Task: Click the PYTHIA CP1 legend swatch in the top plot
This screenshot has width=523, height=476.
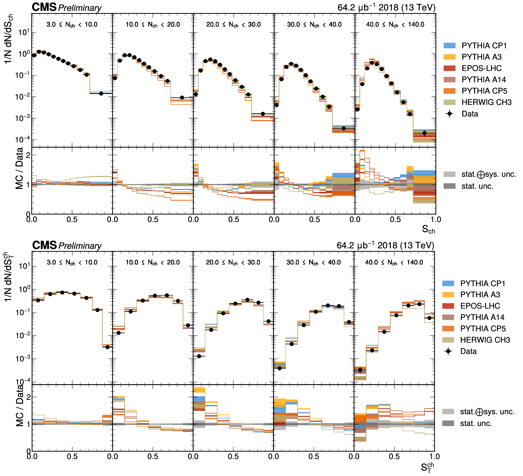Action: point(449,46)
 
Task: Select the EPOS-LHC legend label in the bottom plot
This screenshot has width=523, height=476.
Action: point(480,306)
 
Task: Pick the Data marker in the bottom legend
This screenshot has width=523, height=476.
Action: point(448,351)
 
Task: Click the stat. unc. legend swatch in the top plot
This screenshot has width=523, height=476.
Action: point(449,186)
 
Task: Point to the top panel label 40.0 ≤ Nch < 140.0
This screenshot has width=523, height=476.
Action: point(395,25)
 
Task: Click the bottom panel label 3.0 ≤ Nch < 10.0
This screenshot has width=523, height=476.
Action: point(72,262)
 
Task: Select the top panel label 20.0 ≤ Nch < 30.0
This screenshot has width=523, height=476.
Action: point(233,25)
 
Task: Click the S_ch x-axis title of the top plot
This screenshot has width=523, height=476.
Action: point(428,229)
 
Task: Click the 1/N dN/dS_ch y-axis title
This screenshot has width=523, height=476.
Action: point(8,39)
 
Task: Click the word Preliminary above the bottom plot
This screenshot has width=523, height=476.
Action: point(80,246)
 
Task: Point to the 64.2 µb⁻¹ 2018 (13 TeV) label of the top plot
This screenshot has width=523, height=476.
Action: point(386,8)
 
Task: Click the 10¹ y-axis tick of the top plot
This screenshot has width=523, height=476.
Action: point(24,32)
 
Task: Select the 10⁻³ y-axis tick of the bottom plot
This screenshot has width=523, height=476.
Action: point(24,359)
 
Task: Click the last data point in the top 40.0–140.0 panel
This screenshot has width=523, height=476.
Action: point(424,133)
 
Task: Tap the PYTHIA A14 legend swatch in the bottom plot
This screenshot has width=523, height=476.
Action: point(448,317)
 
